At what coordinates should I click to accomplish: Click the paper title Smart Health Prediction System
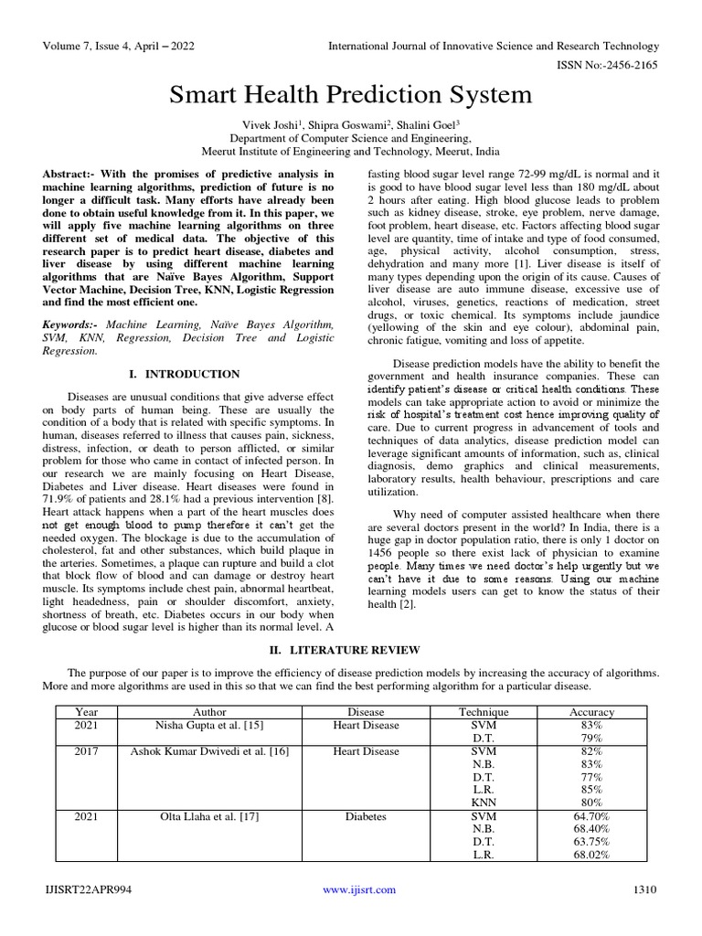coord(351,94)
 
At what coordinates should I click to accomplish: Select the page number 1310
coord(644,889)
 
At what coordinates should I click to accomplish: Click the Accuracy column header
coord(591,712)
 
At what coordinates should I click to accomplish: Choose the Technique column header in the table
coord(483,712)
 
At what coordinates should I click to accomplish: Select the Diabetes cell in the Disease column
coord(366,816)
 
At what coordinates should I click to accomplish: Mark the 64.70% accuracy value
coord(591,816)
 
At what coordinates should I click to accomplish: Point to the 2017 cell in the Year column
coord(87,751)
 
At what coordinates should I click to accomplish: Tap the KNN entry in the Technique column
coord(483,803)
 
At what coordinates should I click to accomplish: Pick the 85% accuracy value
coord(591,790)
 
